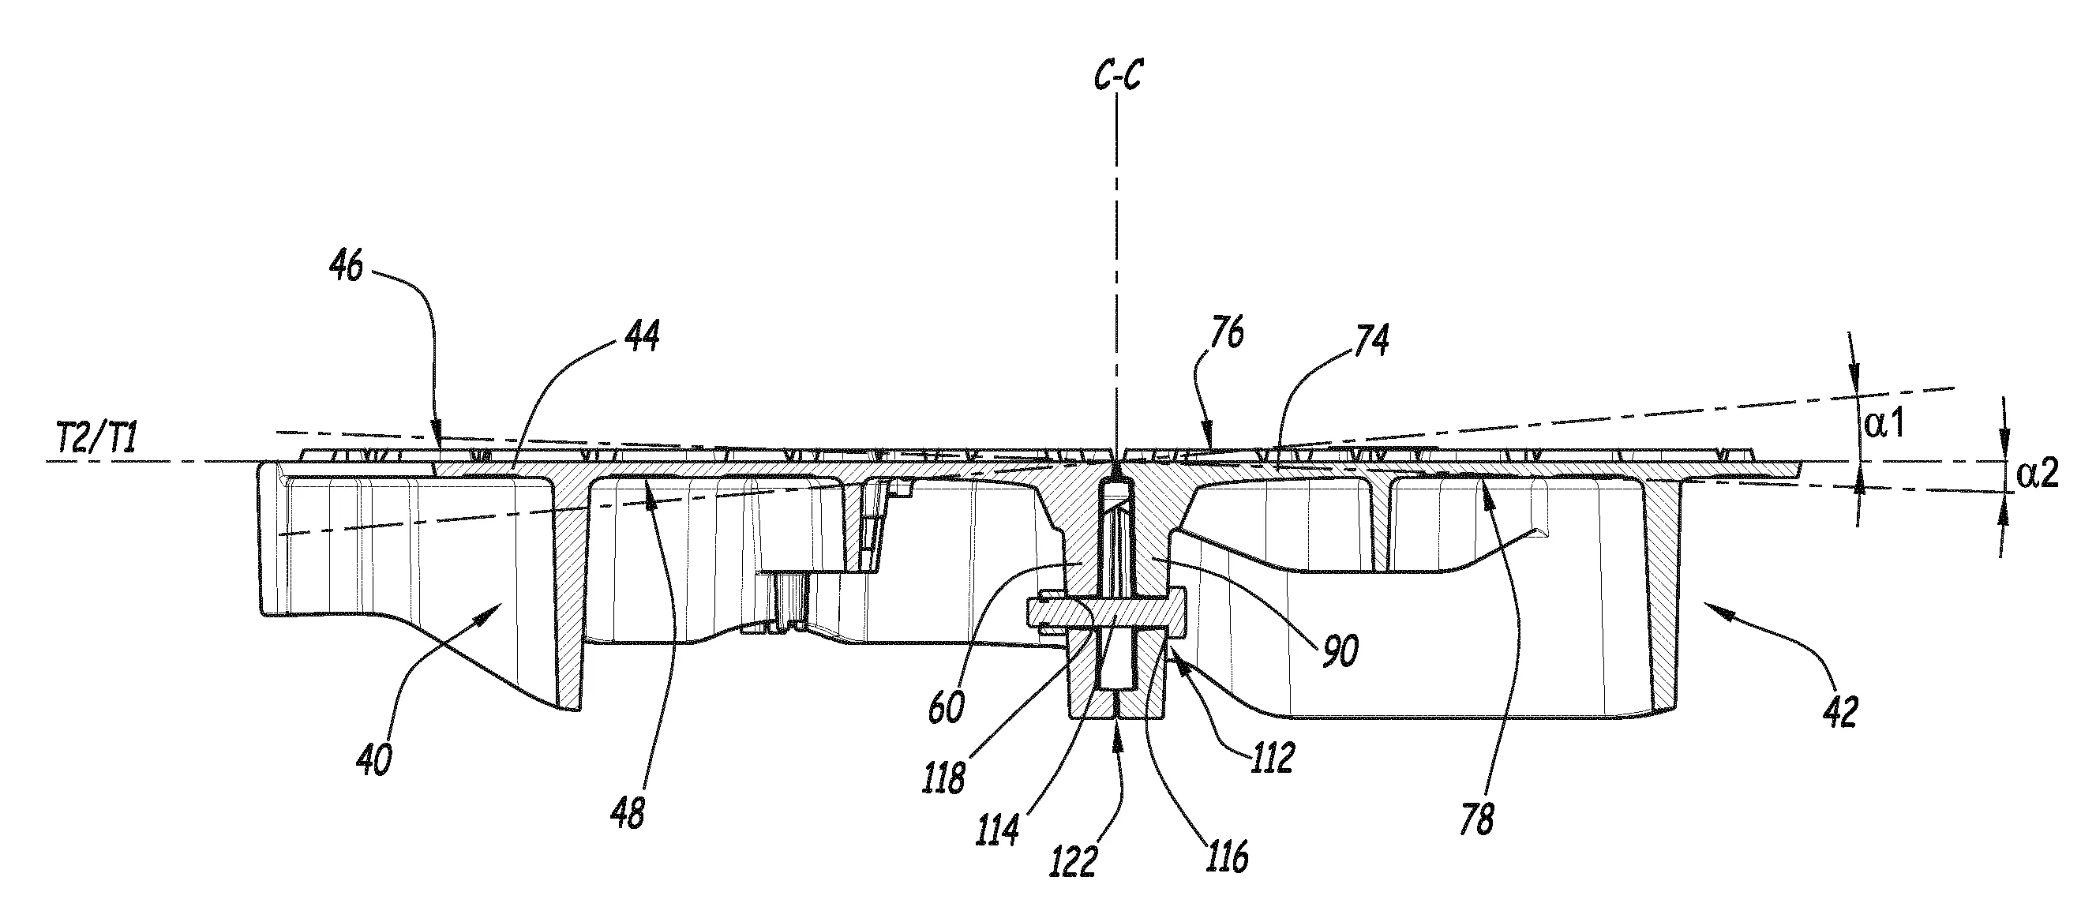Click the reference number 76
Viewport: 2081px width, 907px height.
pos(1227,333)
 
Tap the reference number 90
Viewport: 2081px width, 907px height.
pos(1340,651)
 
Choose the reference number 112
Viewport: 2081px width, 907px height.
pos(1273,757)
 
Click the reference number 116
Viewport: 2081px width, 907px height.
pos(1227,856)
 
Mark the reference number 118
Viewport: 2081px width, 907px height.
pos(946,777)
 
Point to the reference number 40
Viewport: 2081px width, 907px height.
pos(373,760)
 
